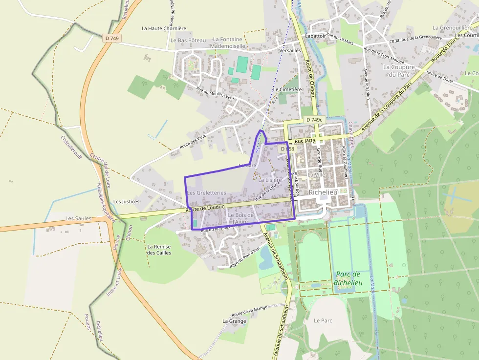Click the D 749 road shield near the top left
[x=112, y=38]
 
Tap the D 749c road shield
[x=315, y=120]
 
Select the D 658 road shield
[x=287, y=148]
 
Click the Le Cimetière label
[x=287, y=89]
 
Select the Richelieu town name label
[x=323, y=192]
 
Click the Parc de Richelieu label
[x=348, y=278]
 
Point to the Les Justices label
[x=126, y=201]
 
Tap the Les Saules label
[x=78, y=218]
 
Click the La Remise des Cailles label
[x=159, y=250]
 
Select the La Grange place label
[x=234, y=321]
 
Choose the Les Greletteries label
[x=206, y=192]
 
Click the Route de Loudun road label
[x=205, y=208]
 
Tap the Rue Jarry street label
[x=305, y=141]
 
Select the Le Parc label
[x=323, y=320]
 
